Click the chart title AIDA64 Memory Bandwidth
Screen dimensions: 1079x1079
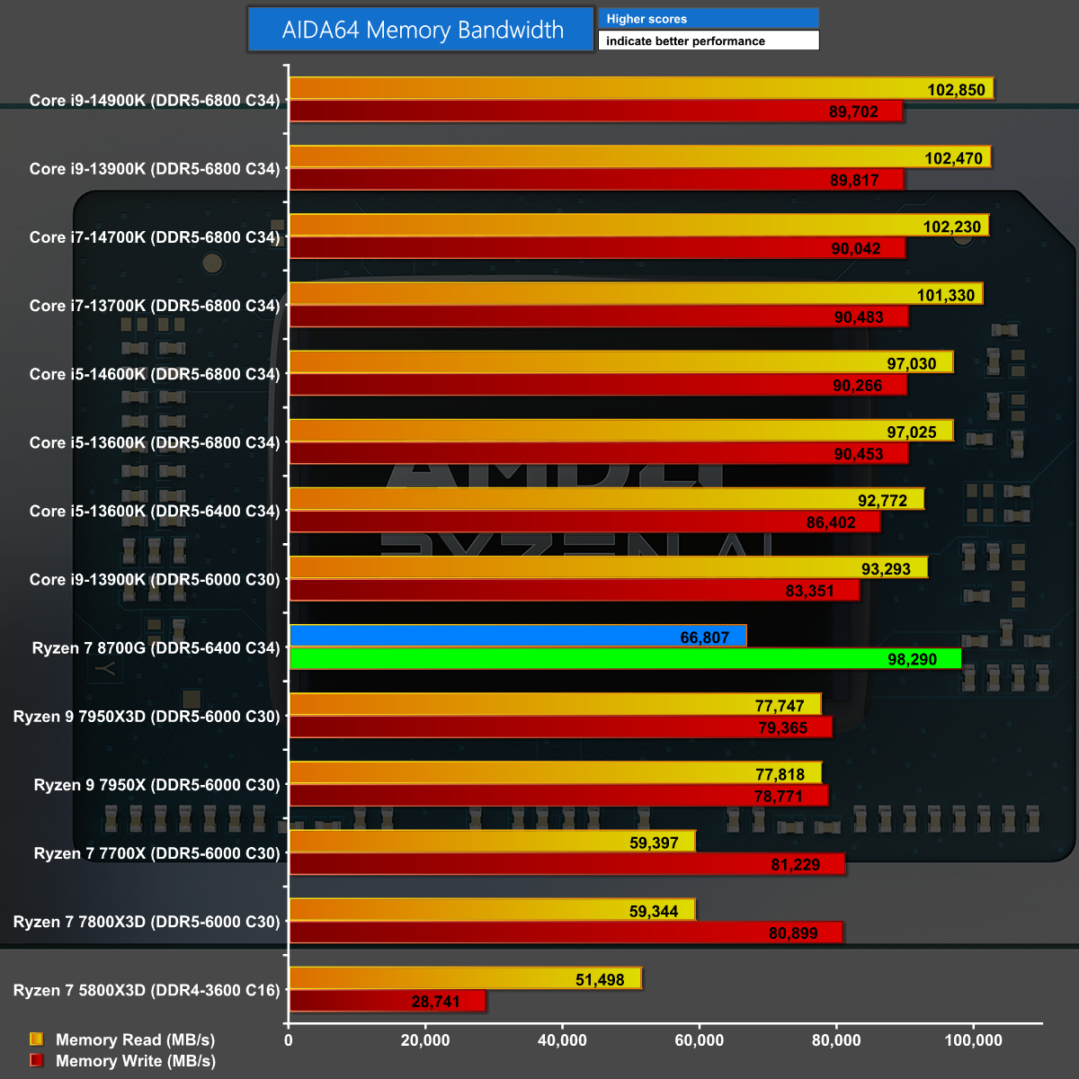coord(422,30)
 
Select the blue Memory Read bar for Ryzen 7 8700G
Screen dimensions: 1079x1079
coord(517,637)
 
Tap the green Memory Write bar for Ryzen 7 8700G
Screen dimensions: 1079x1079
coord(625,659)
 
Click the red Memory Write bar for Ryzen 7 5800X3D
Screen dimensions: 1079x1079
coord(387,1001)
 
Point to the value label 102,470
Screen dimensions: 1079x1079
coord(953,158)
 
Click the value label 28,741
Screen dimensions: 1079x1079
coord(436,1002)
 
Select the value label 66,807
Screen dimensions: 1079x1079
coord(704,638)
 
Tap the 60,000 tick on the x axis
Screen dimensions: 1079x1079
coord(699,1040)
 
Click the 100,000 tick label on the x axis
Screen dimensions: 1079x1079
coord(973,1040)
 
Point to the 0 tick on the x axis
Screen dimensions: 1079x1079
coord(288,1040)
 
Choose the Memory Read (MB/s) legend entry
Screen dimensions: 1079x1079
coord(135,1039)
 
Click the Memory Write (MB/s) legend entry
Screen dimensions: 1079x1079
coord(135,1061)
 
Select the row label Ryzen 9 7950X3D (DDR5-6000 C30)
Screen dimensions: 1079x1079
coord(147,717)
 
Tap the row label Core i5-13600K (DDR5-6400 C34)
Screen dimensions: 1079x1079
coord(155,511)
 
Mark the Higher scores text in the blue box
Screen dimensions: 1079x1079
coord(647,19)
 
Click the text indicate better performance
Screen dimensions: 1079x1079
coord(685,41)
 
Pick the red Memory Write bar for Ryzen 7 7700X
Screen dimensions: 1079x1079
coord(566,864)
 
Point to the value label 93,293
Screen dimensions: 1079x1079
coord(886,569)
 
